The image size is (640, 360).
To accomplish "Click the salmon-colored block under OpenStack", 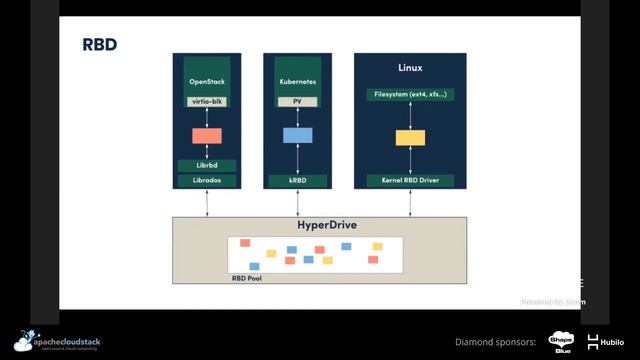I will [x=207, y=135].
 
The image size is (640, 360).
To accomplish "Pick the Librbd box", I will [x=207, y=165].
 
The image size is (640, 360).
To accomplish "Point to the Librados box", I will [x=207, y=181].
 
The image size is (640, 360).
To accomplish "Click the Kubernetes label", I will [x=298, y=80].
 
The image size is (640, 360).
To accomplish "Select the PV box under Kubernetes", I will [x=298, y=101].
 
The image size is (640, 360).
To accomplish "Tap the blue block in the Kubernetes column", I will [x=298, y=135].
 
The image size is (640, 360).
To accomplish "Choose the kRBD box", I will [x=298, y=181].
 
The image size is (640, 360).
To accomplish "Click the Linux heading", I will [x=410, y=68].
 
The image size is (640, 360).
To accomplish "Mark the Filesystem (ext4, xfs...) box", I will [x=410, y=94].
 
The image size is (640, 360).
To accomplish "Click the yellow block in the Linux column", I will [x=410, y=138].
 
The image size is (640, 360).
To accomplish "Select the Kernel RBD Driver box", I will [x=410, y=181].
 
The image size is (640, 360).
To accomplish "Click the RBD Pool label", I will [x=246, y=278].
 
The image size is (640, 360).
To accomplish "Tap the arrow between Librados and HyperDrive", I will [x=207, y=202].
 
